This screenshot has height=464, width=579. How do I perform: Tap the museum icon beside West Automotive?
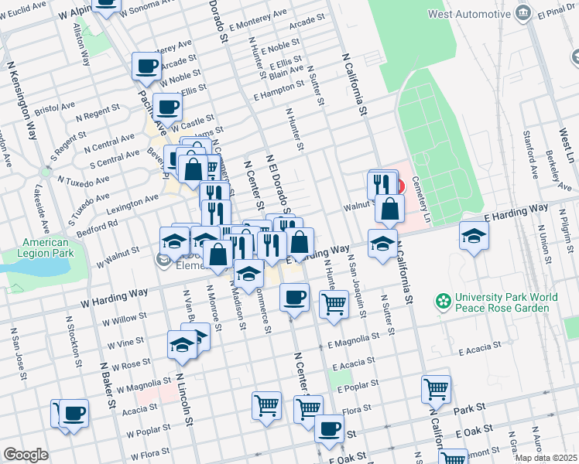(x=524, y=12)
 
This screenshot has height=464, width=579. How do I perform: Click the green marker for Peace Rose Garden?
(x=444, y=300)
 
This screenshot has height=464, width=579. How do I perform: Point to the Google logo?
(x=26, y=454)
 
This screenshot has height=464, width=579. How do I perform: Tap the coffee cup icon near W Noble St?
(x=146, y=67)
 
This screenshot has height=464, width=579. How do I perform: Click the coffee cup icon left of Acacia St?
(x=74, y=413)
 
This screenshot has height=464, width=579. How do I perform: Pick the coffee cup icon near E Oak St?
(x=328, y=428)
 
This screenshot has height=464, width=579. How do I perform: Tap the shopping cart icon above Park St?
(x=437, y=389)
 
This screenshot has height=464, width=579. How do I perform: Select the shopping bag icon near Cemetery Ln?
(x=389, y=209)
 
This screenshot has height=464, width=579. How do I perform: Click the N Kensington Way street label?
(x=22, y=101)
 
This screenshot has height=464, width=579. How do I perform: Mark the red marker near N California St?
(x=399, y=186)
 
